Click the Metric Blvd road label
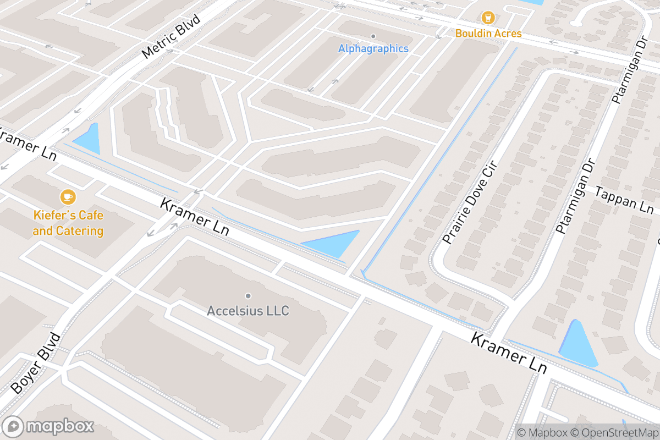point(171,36)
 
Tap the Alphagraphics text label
point(373,49)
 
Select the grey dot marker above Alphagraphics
point(373,36)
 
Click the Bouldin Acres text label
point(488,34)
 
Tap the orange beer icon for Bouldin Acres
point(488,18)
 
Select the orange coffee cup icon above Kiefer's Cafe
point(68,196)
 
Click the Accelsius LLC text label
point(248,311)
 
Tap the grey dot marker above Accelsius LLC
point(248,296)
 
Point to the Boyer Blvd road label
point(35,362)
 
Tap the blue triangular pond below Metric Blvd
point(89,140)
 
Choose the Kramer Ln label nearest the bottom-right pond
point(509,353)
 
